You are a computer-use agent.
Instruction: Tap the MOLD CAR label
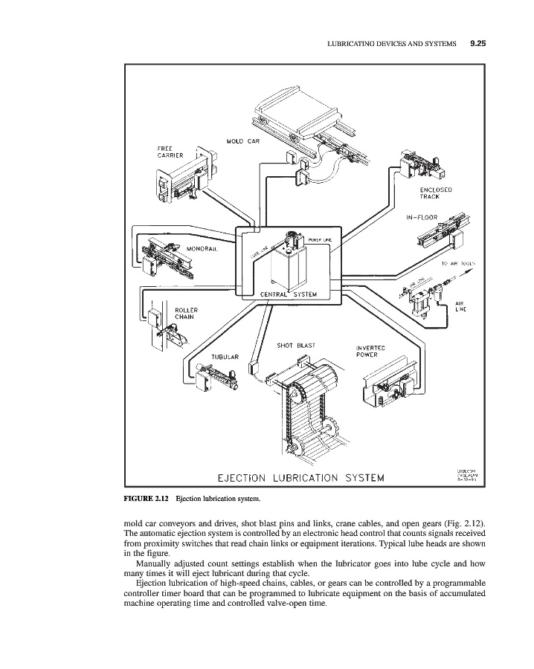tap(242, 141)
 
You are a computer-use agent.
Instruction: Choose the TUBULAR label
tap(225, 356)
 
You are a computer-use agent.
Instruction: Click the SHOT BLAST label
tap(295, 345)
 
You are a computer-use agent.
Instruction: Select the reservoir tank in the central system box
tap(289, 266)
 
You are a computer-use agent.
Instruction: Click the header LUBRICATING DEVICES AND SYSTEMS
tap(391, 45)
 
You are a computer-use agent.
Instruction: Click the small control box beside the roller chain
tap(157, 317)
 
